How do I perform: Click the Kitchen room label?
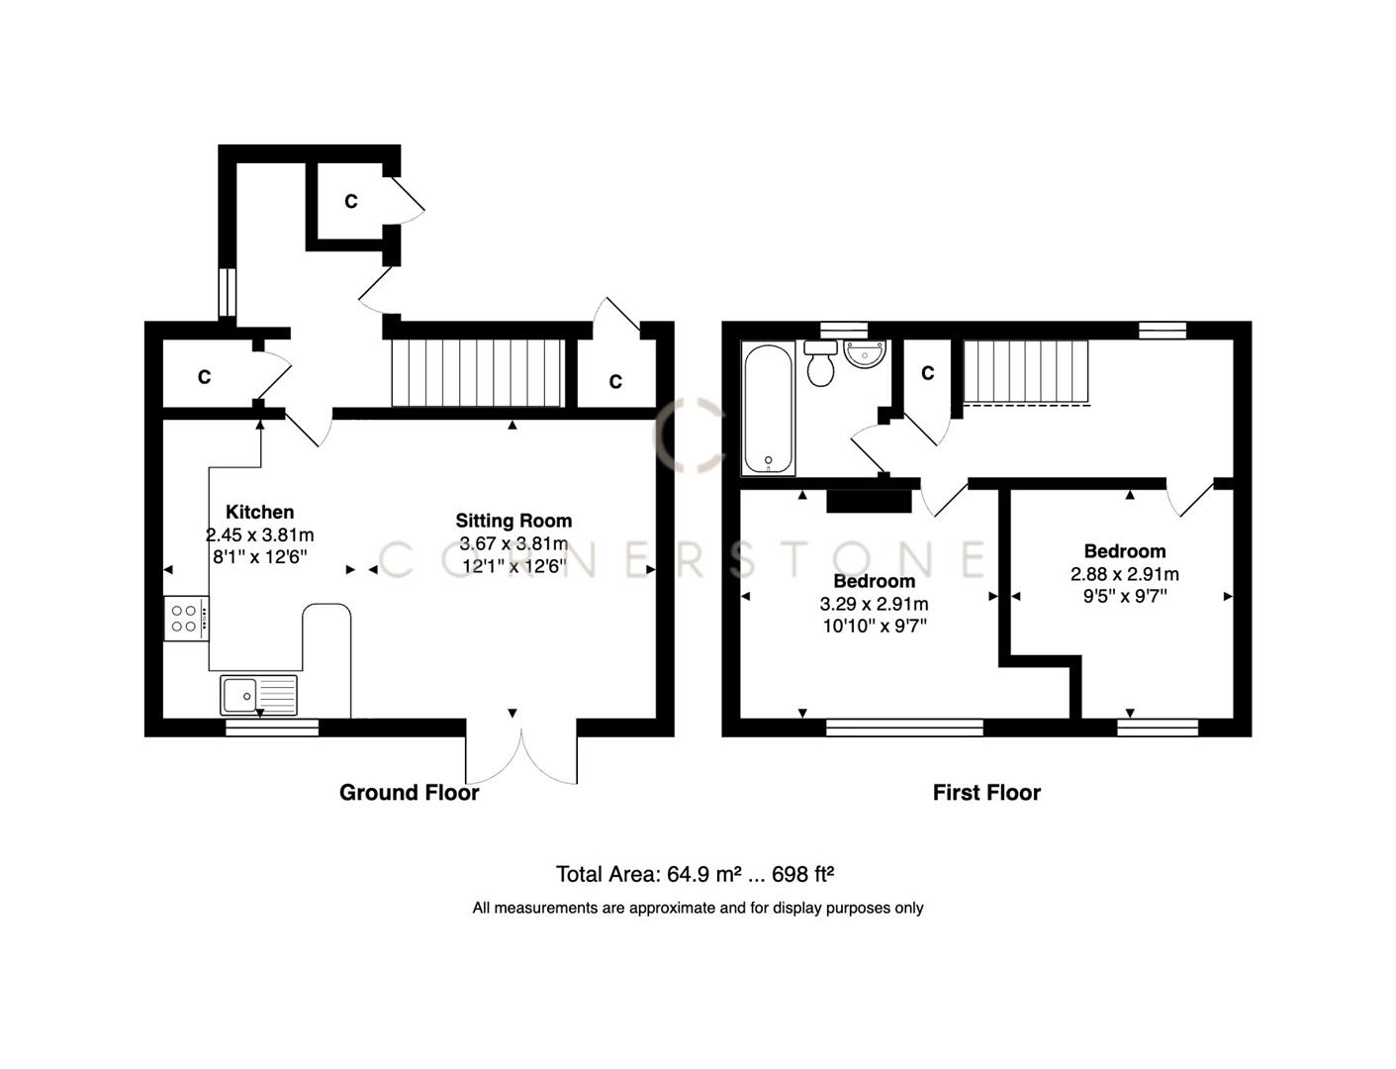(x=259, y=512)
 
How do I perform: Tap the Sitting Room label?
(x=513, y=521)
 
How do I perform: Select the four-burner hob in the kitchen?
(x=186, y=619)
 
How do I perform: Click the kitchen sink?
(x=258, y=695)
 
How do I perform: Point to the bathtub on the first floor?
(x=768, y=408)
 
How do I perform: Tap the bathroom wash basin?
(x=866, y=353)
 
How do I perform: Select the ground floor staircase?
(x=478, y=373)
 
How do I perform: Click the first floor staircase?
(x=1025, y=372)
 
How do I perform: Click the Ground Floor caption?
(x=409, y=793)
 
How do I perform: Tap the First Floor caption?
(x=986, y=793)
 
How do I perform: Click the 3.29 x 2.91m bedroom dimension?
(x=874, y=604)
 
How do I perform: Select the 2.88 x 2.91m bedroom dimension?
(x=1124, y=574)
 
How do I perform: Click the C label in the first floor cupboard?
(x=928, y=373)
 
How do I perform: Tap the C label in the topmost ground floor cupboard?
(x=350, y=202)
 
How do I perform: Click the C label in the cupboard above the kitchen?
(x=204, y=377)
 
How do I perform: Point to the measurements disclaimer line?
(x=698, y=908)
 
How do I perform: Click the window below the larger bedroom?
(x=904, y=729)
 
